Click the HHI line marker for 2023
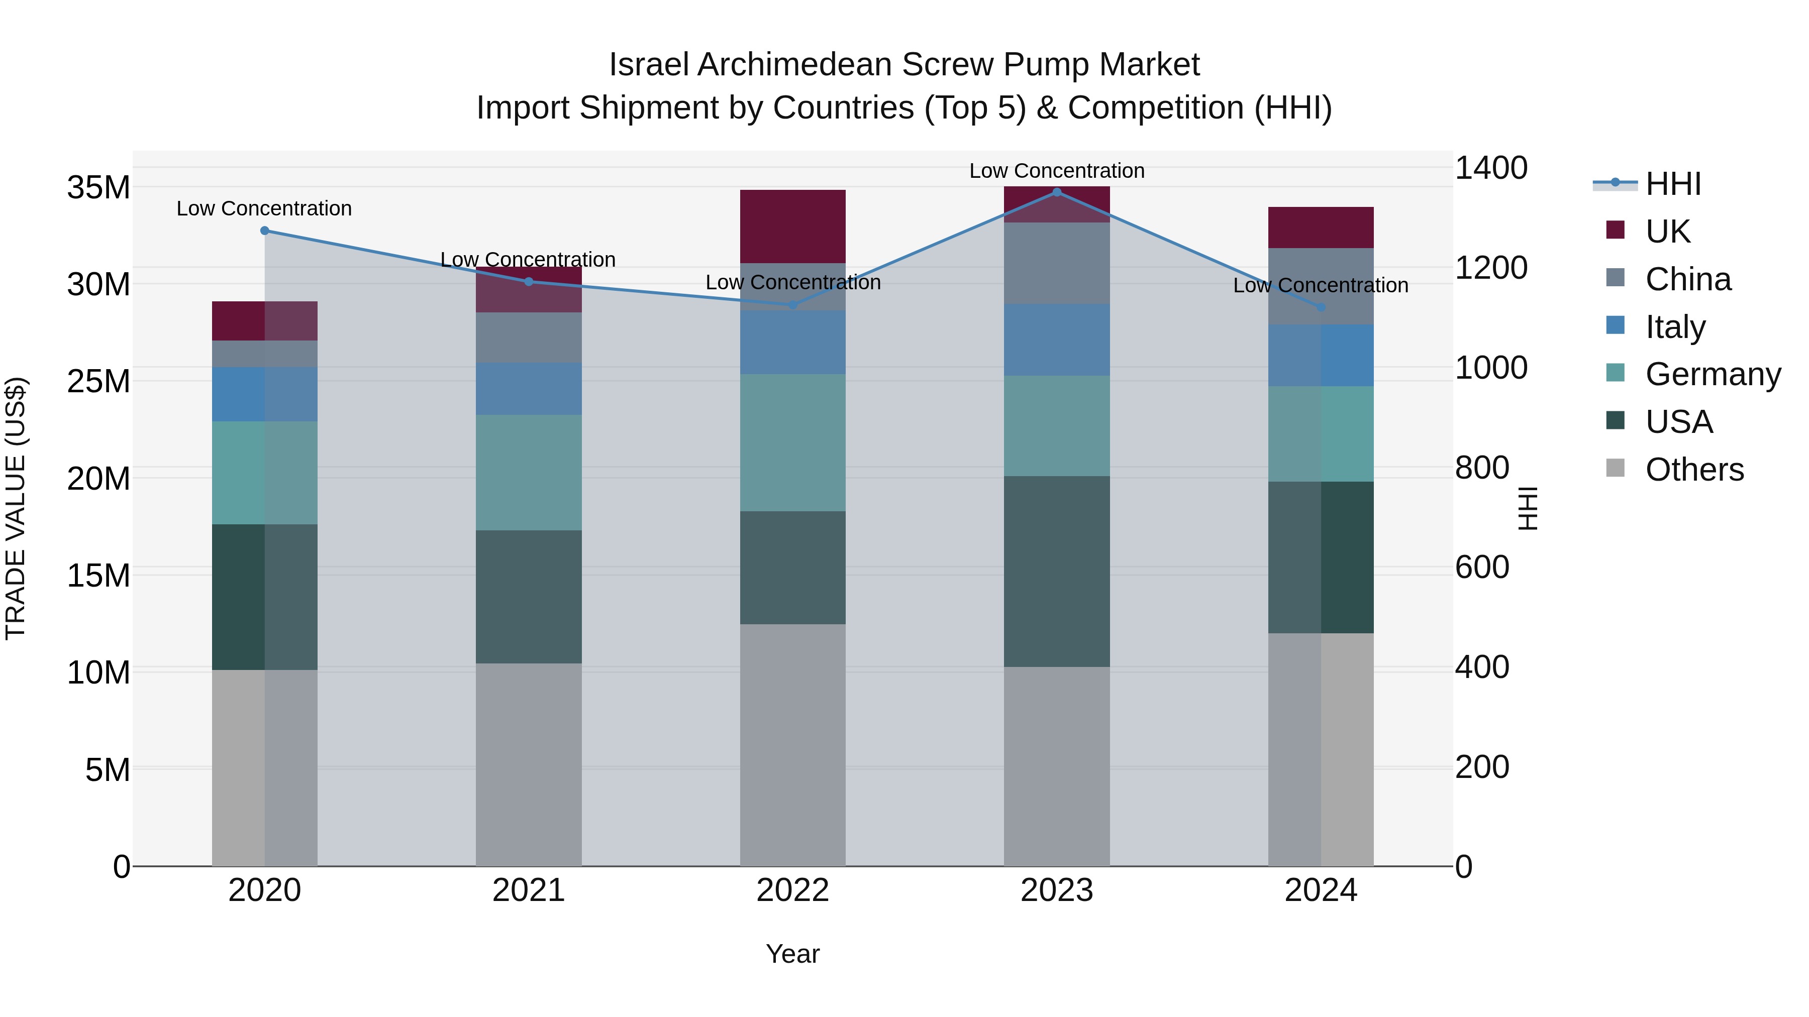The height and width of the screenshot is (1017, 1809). point(1056,192)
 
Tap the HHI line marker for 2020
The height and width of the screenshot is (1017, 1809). point(265,230)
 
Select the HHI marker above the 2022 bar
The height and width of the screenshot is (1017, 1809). point(793,305)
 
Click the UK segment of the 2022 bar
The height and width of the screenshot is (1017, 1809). point(793,226)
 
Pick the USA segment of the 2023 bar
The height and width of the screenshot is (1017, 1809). point(1056,572)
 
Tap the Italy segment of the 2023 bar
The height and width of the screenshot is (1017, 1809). point(1056,340)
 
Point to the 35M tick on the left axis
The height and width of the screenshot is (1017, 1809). point(98,188)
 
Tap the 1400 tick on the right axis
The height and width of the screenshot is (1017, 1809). point(1490,168)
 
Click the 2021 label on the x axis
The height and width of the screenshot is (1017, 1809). point(529,890)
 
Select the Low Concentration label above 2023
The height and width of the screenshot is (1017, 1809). point(1056,171)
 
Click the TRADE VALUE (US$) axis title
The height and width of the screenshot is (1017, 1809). point(16,508)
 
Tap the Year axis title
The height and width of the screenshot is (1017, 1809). point(793,954)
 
